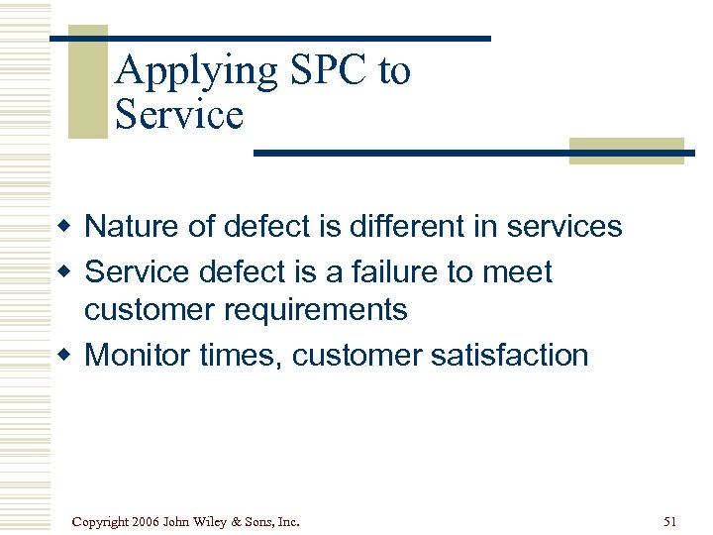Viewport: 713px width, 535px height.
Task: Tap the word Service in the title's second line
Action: tap(179, 115)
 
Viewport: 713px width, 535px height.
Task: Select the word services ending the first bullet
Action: tap(564, 227)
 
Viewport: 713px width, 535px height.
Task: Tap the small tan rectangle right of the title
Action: tap(626, 150)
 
